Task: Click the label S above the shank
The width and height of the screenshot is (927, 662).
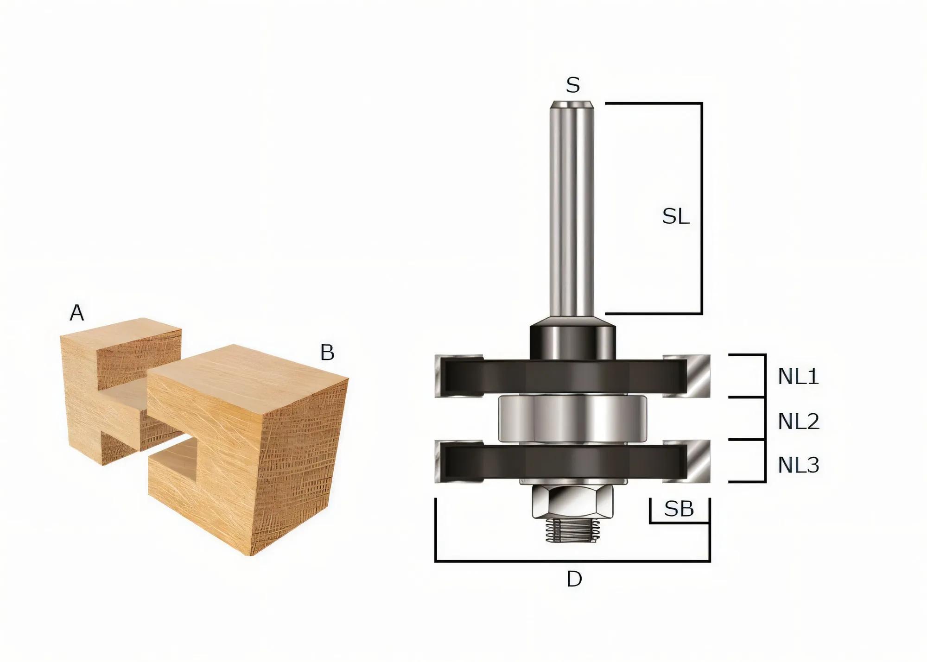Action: [x=573, y=85]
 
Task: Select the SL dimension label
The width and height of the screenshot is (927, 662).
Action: [x=676, y=217]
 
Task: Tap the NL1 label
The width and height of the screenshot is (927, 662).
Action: [x=798, y=377]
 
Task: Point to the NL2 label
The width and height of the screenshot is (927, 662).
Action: [x=798, y=421]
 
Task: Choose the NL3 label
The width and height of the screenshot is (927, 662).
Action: [x=798, y=465]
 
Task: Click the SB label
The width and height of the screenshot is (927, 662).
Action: [x=679, y=509]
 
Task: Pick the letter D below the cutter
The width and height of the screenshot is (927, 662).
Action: [x=574, y=579]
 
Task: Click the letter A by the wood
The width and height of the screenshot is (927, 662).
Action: [x=77, y=313]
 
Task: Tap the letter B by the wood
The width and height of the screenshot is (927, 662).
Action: [x=327, y=353]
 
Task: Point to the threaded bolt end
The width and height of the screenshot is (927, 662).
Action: [x=573, y=530]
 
